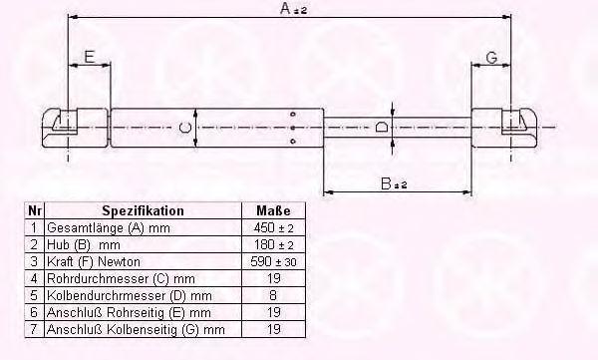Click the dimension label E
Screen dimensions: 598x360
89,57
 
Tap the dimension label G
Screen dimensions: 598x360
491,58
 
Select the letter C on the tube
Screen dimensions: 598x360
185,127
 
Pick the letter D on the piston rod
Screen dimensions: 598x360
381,127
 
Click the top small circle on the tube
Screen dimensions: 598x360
293,114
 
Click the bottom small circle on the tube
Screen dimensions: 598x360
293,142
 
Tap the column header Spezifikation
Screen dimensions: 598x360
143,210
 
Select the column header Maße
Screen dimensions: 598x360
273,210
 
